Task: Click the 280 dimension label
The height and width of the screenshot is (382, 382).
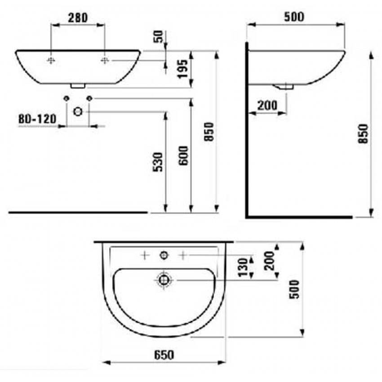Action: click(x=78, y=18)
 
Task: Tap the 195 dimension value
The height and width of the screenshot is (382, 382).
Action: click(x=183, y=69)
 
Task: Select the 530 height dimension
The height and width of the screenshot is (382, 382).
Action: click(x=158, y=162)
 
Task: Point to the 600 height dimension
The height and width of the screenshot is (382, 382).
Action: click(x=183, y=155)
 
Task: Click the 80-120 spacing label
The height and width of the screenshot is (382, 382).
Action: click(x=37, y=119)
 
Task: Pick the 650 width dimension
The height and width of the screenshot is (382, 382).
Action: click(x=164, y=355)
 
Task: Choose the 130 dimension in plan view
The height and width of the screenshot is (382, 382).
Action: click(x=243, y=267)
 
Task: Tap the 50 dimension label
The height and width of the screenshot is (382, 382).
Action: click(x=158, y=36)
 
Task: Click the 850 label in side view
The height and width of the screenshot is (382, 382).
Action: click(x=363, y=134)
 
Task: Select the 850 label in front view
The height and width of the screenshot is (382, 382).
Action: click(x=209, y=132)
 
